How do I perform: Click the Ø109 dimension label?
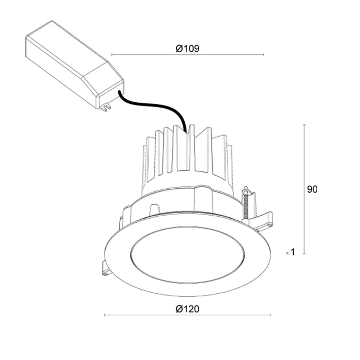point(188,49)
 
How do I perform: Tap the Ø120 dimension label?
point(188,309)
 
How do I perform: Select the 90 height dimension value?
point(312,189)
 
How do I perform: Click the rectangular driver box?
point(68,61)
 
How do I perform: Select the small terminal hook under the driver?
point(105,107)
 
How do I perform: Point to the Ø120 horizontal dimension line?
point(144,315)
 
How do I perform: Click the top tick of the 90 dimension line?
point(305,125)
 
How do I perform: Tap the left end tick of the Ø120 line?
point(104,315)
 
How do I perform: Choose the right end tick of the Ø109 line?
point(264,55)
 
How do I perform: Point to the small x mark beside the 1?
point(287,253)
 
